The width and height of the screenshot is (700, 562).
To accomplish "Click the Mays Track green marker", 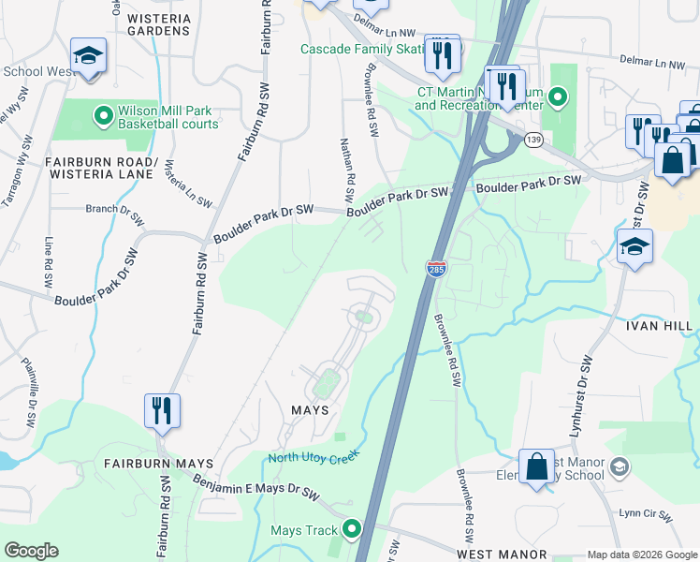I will point(352,530).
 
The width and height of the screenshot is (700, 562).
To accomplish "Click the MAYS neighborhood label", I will point(310,410).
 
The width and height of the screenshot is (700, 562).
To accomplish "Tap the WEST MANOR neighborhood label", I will point(501,555).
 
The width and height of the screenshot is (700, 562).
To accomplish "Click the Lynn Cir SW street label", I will point(645,513).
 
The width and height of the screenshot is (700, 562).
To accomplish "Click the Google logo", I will point(31,551).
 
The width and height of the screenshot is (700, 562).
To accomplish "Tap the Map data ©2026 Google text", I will point(641,555).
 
